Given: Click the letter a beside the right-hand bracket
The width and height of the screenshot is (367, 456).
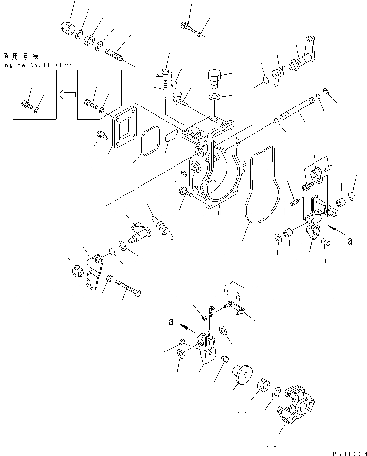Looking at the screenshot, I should pos(350,240).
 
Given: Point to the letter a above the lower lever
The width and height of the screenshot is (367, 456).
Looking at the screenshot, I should pos(171,321).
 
